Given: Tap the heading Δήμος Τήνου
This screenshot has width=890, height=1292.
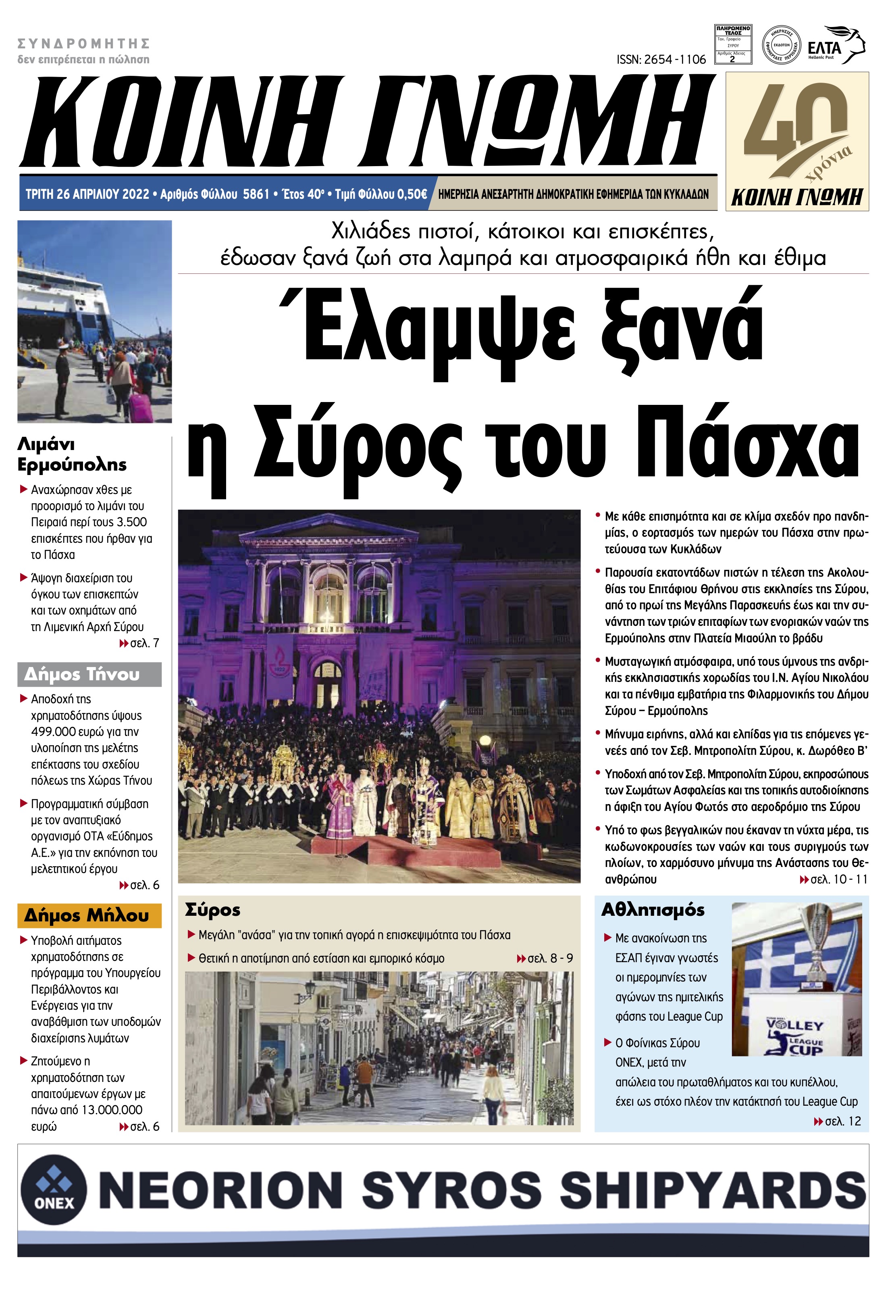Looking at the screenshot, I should point(82,675).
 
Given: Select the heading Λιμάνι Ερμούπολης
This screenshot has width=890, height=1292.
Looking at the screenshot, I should point(72,454).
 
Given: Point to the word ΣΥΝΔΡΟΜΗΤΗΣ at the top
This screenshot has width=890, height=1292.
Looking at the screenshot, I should point(84,44).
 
